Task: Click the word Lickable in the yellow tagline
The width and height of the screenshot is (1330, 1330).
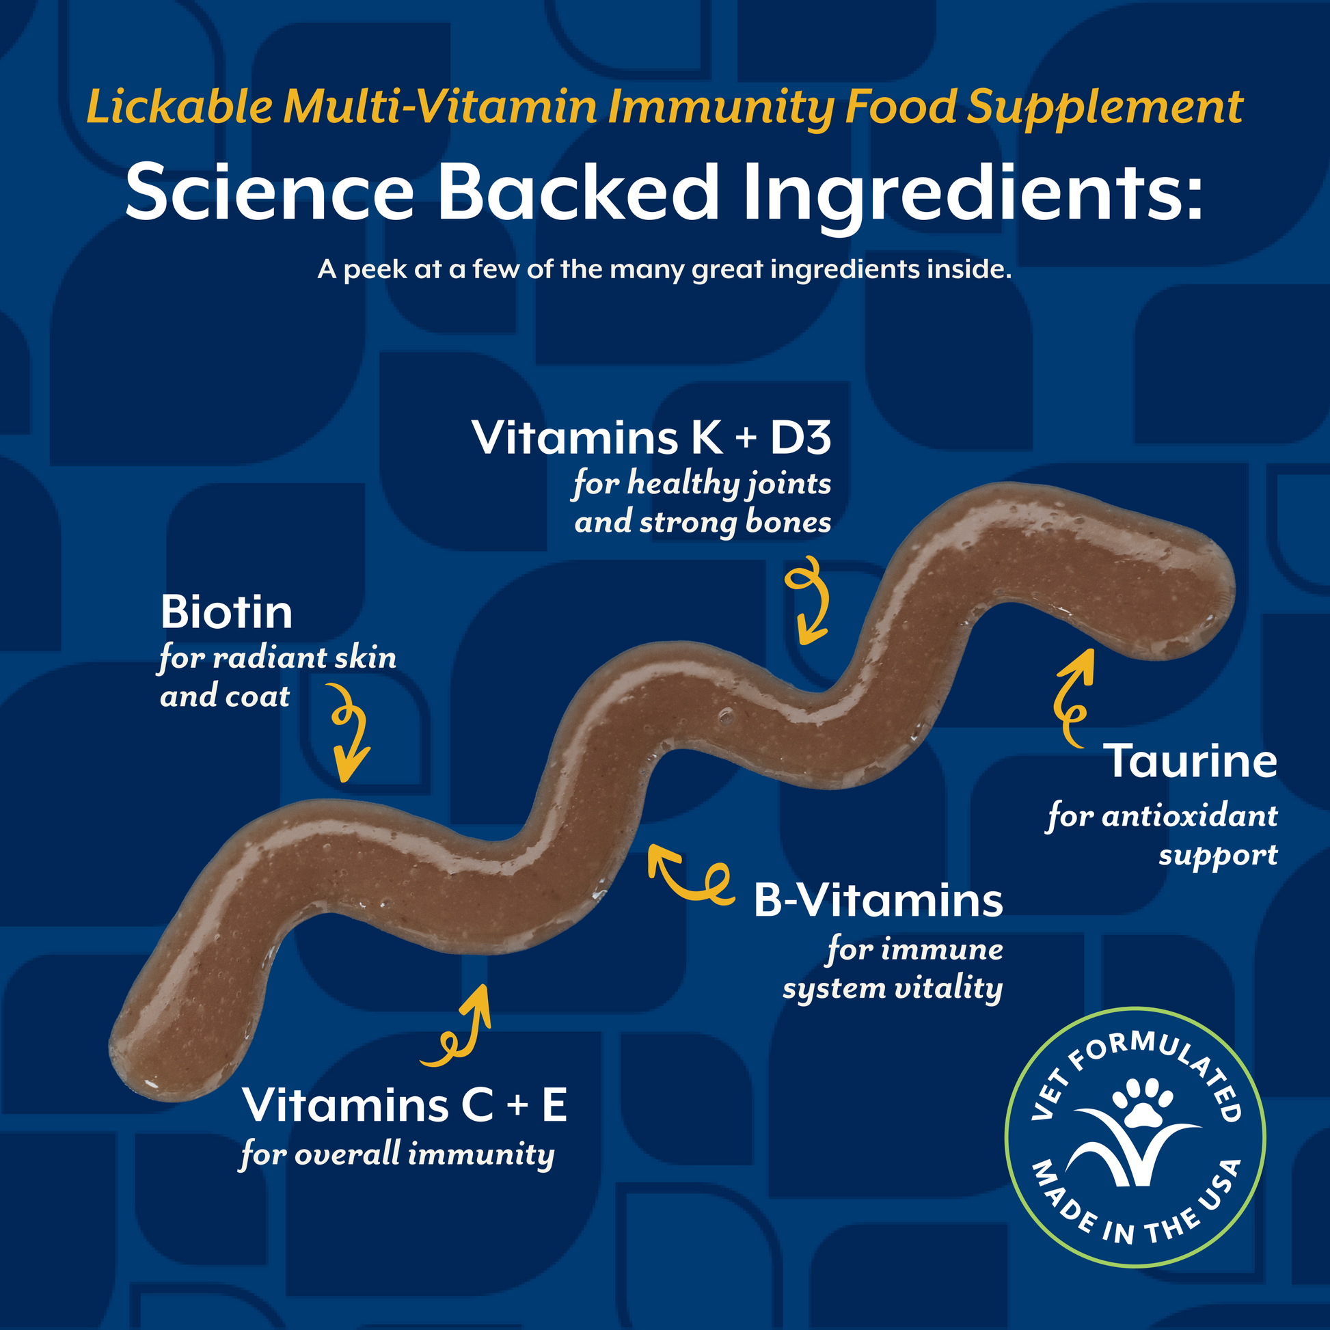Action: coord(179,107)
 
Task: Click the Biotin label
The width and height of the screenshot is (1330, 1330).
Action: coord(226,612)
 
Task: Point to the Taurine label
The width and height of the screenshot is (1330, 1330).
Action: coord(1191,761)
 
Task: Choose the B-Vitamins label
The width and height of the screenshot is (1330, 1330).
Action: coord(878,900)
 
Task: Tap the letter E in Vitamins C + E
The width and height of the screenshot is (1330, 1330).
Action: coord(554,1105)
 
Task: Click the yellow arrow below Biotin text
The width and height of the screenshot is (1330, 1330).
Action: coord(350,733)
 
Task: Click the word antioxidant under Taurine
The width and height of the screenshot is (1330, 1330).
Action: coord(1190,817)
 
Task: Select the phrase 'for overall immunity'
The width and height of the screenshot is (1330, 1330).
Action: coord(397,1154)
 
